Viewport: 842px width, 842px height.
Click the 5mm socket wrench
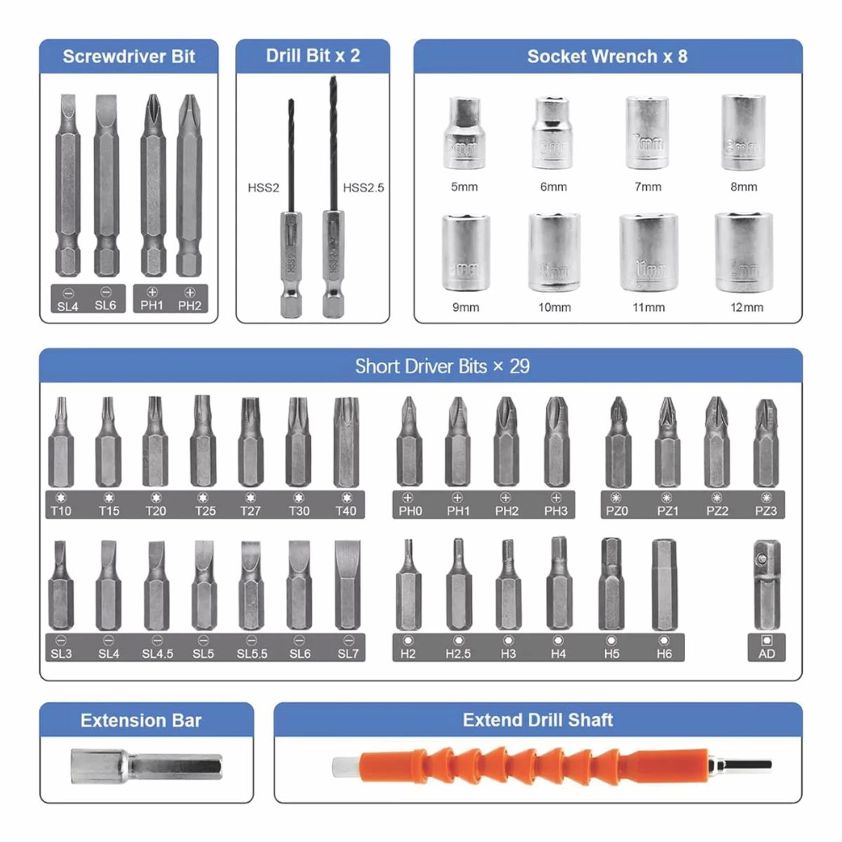tap(464, 133)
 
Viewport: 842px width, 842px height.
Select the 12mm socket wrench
tap(744, 252)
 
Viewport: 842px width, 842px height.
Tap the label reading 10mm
tap(554, 307)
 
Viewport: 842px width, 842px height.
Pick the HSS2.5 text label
tap(363, 187)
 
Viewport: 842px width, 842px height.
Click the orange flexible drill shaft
tap(533, 764)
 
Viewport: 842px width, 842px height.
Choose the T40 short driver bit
tap(346, 441)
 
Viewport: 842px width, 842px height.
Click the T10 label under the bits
tap(61, 511)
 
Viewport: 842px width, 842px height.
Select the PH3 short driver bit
tap(556, 441)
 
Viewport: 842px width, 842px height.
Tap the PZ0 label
tap(617, 511)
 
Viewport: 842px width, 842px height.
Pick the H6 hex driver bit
tap(664, 584)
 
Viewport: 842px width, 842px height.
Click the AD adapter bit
tap(766, 584)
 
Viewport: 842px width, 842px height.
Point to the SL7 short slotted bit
tap(347, 584)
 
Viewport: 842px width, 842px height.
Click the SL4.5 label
tap(157, 653)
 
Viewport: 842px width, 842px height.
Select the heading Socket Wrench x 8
tap(607, 56)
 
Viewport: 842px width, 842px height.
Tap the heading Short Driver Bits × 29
tap(442, 366)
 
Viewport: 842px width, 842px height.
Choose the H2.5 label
tap(458, 653)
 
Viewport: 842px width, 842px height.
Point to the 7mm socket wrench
tap(647, 133)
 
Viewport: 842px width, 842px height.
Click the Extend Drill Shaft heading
tap(537, 720)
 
